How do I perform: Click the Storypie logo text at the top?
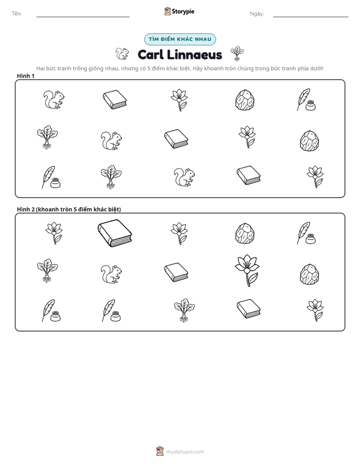[183, 12]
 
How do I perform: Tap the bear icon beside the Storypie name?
[167, 11]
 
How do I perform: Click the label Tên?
[17, 14]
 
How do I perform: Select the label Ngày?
[257, 14]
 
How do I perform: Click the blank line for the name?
[83, 17]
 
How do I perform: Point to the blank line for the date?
[311, 17]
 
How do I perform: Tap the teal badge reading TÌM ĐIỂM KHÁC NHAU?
[180, 39]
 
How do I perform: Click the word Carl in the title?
[150, 54]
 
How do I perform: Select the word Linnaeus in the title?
[194, 54]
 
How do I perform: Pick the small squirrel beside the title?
[122, 54]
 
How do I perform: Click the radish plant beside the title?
[237, 53]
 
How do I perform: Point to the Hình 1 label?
[26, 76]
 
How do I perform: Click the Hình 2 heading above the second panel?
[69, 209]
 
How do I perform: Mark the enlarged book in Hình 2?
[114, 234]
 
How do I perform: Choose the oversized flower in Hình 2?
[247, 270]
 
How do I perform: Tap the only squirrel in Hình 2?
[111, 274]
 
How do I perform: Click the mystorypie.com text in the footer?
[185, 452]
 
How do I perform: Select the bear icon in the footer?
[160, 451]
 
